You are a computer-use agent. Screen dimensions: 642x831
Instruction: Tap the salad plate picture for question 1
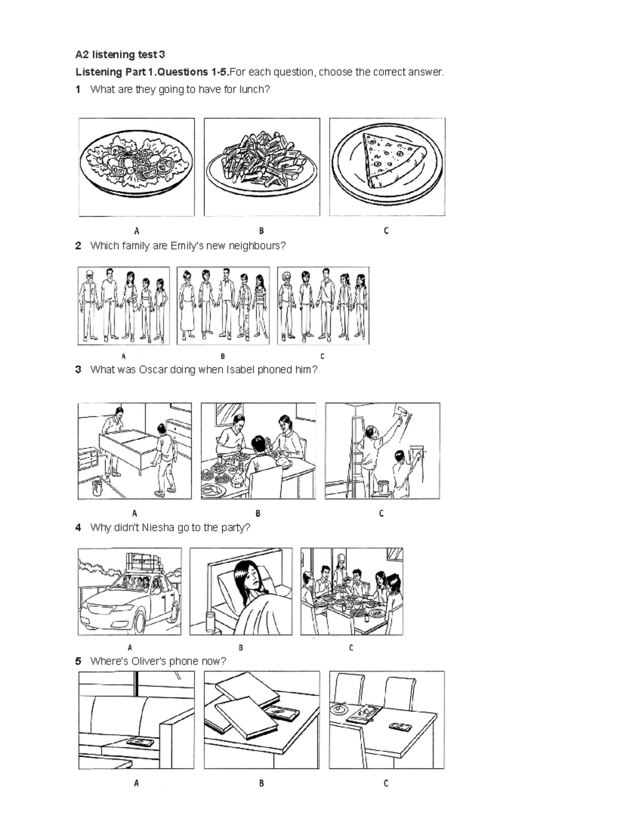coord(136,167)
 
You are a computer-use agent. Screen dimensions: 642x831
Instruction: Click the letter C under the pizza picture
coord(386,231)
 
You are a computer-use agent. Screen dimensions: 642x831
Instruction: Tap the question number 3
coord(79,370)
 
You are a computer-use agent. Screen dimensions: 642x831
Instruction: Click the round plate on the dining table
coord(339,708)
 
